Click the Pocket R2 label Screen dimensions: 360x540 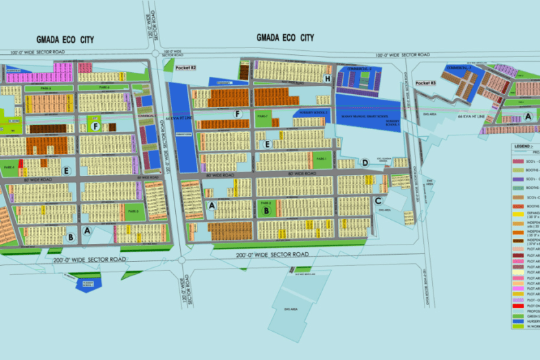point(185,68)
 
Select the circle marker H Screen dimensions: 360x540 point(328,79)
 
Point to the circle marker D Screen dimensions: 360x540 point(365,163)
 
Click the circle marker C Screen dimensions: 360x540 point(378,201)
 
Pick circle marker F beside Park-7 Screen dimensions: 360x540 point(238,114)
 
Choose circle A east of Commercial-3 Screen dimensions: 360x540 point(528,116)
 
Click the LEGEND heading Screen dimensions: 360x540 point(523,146)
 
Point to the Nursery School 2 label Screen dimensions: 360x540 point(313,111)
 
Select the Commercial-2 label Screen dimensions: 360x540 point(359,69)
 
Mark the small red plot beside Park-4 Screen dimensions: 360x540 point(21,164)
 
